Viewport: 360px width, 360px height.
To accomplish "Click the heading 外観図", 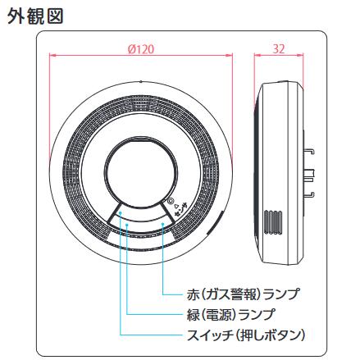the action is (35, 16).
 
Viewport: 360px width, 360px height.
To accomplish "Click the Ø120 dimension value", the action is (141, 49).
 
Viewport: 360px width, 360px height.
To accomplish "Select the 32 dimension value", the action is (279, 49).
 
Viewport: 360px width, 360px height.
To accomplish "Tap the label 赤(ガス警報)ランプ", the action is (243, 294).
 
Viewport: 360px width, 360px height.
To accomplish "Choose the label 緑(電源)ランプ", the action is (231, 314).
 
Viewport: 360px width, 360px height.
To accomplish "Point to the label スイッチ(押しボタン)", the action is (246, 335).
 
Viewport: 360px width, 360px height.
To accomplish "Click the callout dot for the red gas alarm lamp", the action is (162, 224).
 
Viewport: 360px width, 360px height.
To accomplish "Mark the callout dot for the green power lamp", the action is (127, 225).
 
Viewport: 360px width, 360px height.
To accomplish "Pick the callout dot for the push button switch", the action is (120, 212).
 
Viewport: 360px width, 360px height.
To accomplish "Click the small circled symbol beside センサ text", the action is (171, 201).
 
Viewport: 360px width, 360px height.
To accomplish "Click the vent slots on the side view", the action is (273, 222).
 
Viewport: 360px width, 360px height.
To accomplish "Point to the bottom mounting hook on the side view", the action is (309, 195).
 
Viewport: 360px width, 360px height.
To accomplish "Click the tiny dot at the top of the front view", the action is (140, 81).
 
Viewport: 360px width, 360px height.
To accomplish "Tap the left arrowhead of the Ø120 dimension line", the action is (52, 56).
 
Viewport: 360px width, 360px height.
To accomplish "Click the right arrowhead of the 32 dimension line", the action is (301, 56).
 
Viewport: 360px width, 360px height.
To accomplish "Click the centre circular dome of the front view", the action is (141, 172).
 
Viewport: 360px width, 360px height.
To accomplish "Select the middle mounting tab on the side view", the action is (309, 174).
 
